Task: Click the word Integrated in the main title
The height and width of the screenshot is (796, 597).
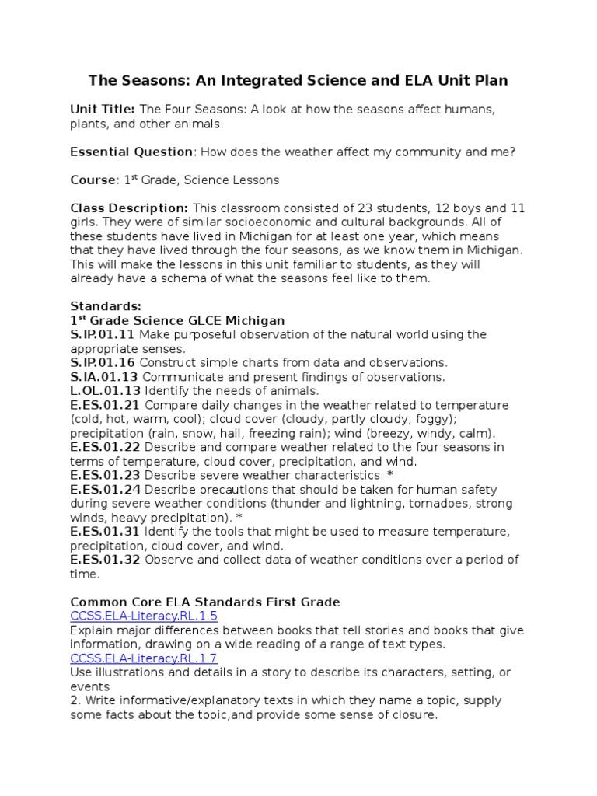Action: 252,80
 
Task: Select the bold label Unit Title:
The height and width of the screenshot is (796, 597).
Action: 103,110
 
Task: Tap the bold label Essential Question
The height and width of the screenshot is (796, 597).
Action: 131,152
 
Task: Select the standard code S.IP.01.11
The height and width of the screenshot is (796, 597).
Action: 103,334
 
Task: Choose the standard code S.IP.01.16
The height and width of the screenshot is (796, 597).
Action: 103,362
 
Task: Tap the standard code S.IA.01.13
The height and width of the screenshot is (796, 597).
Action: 104,376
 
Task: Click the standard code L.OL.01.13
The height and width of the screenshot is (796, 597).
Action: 105,390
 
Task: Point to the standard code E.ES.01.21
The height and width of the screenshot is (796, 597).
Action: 105,405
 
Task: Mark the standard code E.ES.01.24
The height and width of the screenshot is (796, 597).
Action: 105,490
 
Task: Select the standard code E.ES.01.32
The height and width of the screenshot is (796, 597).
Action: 105,560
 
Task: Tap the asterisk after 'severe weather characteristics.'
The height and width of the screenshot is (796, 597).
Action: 389,475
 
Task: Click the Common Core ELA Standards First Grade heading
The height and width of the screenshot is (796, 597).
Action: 205,602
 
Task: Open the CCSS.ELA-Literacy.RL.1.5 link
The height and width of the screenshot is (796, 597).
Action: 144,616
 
